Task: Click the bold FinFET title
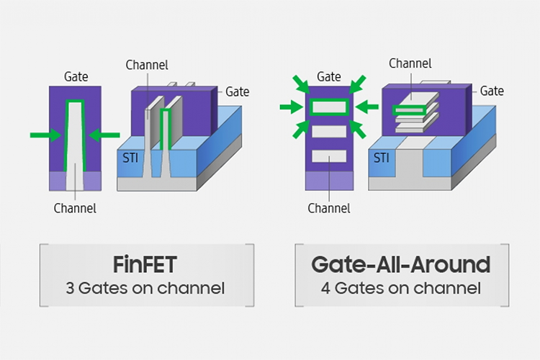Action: click(x=146, y=264)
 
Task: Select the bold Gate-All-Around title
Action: click(x=400, y=264)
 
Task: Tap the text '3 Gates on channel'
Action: click(x=146, y=289)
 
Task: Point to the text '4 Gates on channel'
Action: click(x=400, y=289)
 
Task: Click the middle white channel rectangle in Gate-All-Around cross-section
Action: click(x=329, y=132)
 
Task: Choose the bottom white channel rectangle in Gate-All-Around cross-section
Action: click(x=329, y=156)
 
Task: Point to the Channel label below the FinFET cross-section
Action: click(x=75, y=209)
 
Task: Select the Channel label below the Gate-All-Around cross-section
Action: click(x=329, y=209)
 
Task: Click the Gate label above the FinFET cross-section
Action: click(x=76, y=76)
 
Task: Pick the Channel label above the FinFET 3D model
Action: click(x=147, y=66)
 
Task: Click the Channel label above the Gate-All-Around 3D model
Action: click(x=410, y=63)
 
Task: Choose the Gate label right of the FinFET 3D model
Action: click(x=238, y=91)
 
